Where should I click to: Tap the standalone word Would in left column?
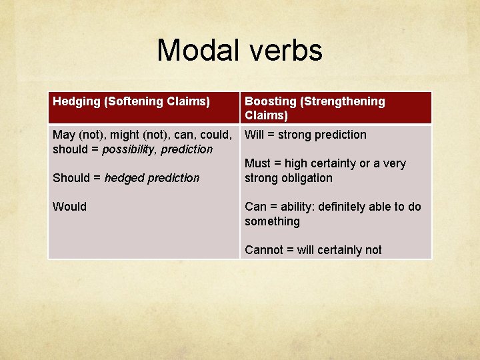69,207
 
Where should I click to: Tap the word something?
272,221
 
